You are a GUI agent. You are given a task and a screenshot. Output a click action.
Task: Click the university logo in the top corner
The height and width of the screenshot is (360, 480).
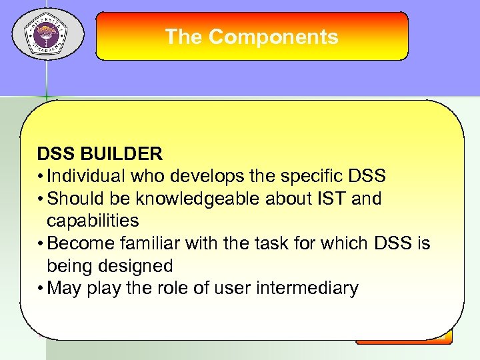pos(46,34)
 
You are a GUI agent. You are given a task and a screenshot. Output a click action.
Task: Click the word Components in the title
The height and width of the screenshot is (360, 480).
pos(273,37)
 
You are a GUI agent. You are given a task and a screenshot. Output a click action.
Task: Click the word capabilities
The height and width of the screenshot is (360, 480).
pos(93,221)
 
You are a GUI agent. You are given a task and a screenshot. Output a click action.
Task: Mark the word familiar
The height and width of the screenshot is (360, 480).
pos(151,243)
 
